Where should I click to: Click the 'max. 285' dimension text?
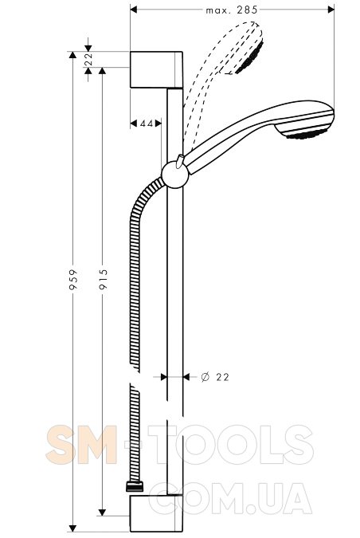pyautogui.click(x=232, y=10)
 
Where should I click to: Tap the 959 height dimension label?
pyautogui.click(x=73, y=280)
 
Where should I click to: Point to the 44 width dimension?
pyautogui.click(x=147, y=124)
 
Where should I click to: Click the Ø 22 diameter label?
pyautogui.click(x=215, y=377)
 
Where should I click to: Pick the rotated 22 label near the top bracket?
pyautogui.click(x=88, y=59)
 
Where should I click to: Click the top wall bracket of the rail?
pyautogui.click(x=156, y=69)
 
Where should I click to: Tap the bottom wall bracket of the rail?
pyautogui.click(x=156, y=513)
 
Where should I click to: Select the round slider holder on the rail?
pyautogui.click(x=175, y=175)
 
